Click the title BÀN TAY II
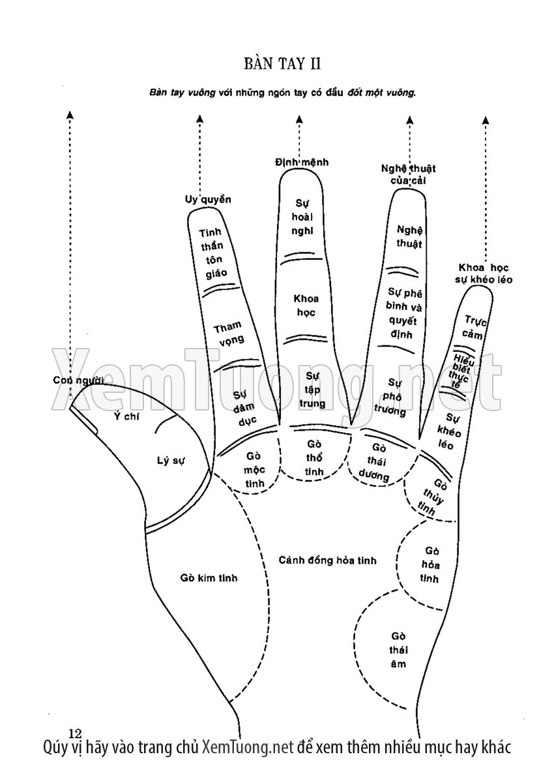[283, 64]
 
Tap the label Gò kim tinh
[209, 578]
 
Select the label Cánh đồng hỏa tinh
[327, 560]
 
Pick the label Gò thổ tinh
[314, 458]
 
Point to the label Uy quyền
[203, 199]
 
